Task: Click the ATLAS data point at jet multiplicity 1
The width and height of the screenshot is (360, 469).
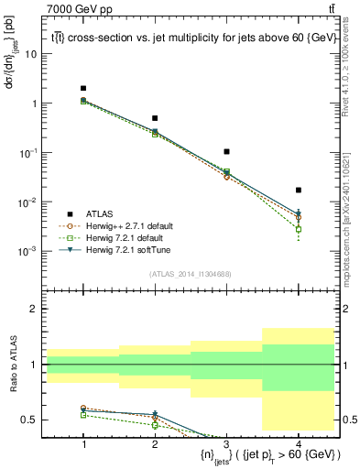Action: tap(83, 89)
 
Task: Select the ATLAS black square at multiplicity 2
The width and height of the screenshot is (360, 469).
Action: tap(155, 118)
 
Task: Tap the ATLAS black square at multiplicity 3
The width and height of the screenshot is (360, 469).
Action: tap(226, 151)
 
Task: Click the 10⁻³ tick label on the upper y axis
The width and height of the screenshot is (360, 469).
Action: tap(30, 251)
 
